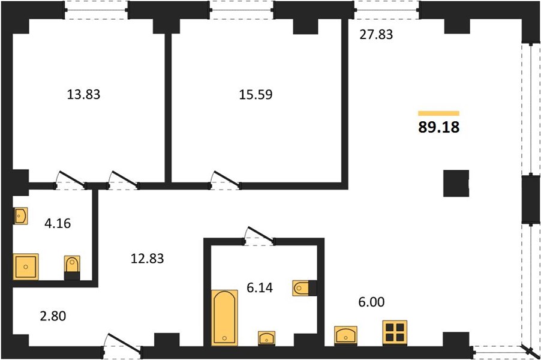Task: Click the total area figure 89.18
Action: point(439,127)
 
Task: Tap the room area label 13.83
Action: point(83,94)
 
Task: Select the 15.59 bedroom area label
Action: point(256,94)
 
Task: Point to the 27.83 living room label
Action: point(376,35)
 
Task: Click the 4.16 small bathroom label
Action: point(58,223)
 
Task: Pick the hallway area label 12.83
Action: point(148,258)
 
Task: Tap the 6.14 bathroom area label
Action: point(260,287)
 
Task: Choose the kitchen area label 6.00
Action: point(371,302)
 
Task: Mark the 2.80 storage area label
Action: point(53,316)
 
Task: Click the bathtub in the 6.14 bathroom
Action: point(224,317)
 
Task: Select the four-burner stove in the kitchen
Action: point(395,332)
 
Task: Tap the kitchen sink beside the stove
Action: point(345,335)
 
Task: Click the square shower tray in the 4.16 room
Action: point(26,266)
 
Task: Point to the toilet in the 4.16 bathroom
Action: point(72,268)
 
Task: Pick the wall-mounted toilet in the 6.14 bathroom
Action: point(305,288)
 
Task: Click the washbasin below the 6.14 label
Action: point(267,338)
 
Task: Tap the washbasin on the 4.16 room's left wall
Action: point(20,216)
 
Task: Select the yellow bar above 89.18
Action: point(438,113)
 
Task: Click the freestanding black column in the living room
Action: point(456,183)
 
